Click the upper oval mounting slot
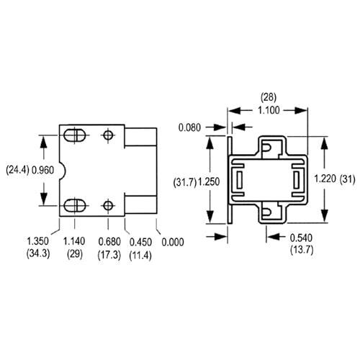click(x=73, y=135)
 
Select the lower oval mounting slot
click(x=73, y=205)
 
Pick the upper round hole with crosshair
click(x=108, y=135)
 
